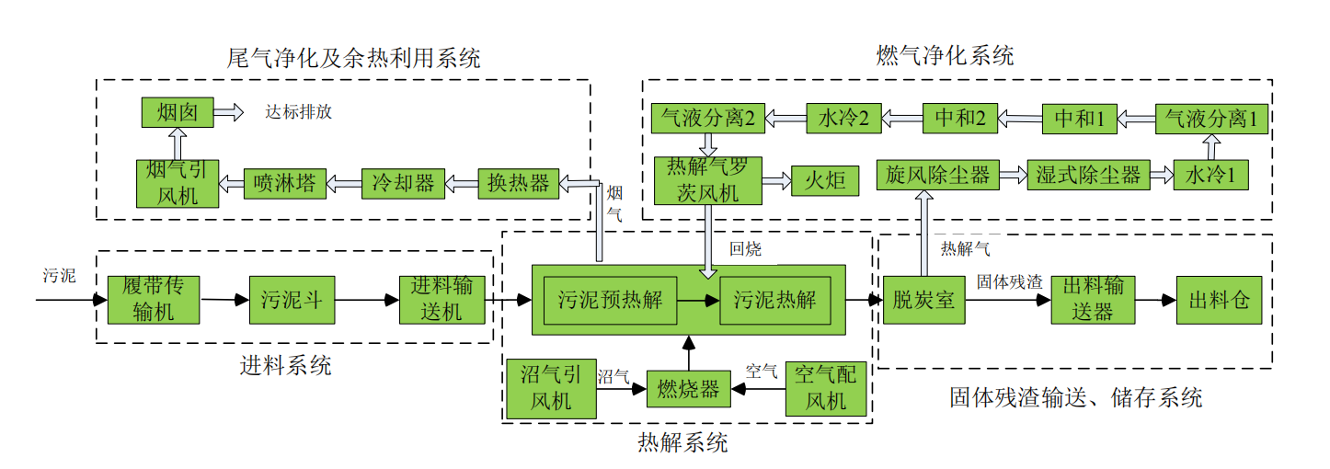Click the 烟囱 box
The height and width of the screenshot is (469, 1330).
tap(178, 112)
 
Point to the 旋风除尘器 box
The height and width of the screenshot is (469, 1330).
tap(938, 174)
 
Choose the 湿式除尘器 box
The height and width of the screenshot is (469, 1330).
tap(1087, 174)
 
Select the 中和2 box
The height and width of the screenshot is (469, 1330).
tap(959, 118)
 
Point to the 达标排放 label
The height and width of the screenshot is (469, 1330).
tap(298, 113)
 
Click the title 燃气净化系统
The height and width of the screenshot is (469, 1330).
tap(945, 57)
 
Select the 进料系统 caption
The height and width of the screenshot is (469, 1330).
tap(286, 366)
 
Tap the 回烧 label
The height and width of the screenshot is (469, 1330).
tap(745, 248)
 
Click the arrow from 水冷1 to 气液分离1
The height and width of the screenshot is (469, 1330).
tap(1210, 147)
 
